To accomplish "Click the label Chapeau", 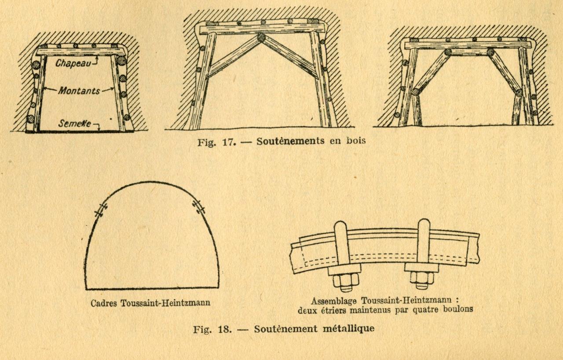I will tap(73, 63).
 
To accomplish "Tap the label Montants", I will tap(79, 91).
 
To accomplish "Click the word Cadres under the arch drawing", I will tap(104, 303).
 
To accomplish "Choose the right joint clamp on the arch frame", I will tap(199, 207).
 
